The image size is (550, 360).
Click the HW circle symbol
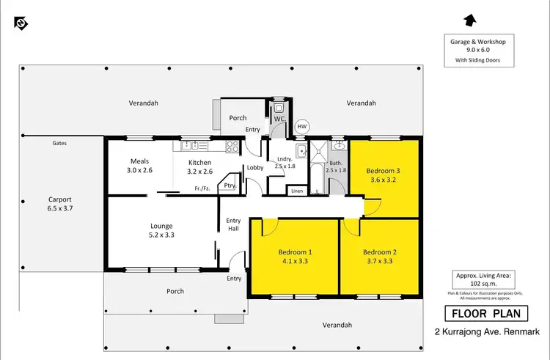click(x=301, y=126)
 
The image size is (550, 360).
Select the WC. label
click(x=279, y=118)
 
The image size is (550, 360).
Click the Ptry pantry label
click(x=230, y=185)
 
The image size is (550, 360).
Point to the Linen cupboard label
click(x=296, y=191)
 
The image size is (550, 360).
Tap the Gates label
click(x=59, y=143)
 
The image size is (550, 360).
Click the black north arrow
click(x=470, y=20)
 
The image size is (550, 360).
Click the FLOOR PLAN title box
click(x=485, y=314)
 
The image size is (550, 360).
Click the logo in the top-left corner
click(x=21, y=23)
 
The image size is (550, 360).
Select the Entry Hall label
click(x=233, y=224)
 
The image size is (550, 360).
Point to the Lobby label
click(x=255, y=167)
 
